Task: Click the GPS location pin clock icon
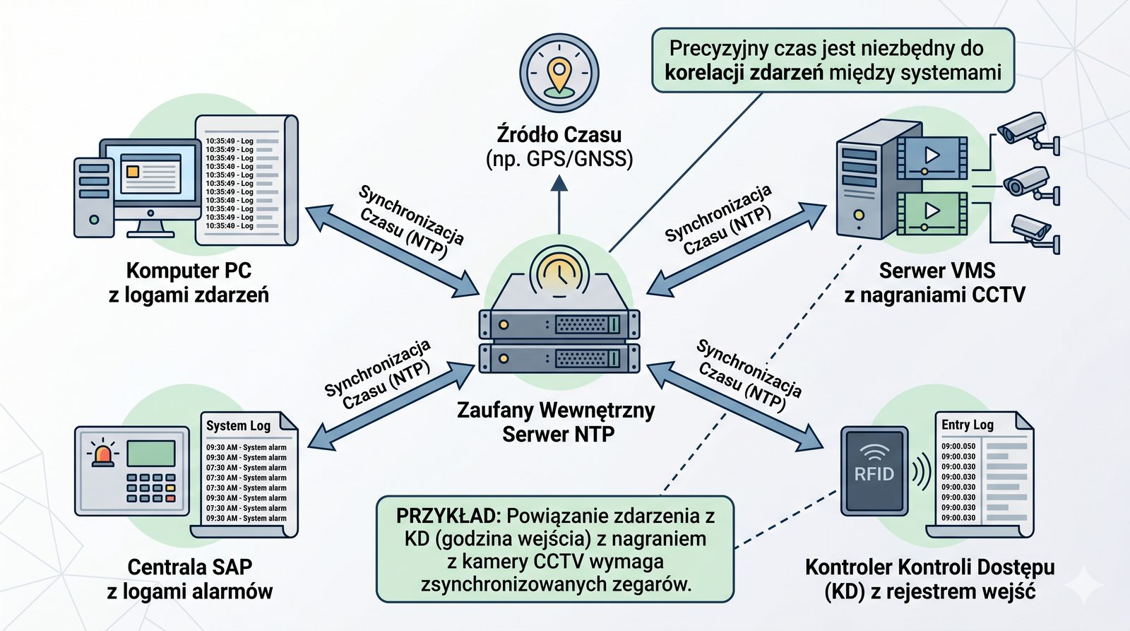[559, 73]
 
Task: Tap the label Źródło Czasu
[559, 134]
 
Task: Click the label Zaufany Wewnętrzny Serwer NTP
[557, 422]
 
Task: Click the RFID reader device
[874, 469]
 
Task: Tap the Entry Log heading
[967, 425]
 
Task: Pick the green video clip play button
[932, 211]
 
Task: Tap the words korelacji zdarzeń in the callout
[744, 73]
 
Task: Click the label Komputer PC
[189, 271]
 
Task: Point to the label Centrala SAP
[189, 567]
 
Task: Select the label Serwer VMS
[936, 271]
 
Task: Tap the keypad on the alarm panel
[150, 488]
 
